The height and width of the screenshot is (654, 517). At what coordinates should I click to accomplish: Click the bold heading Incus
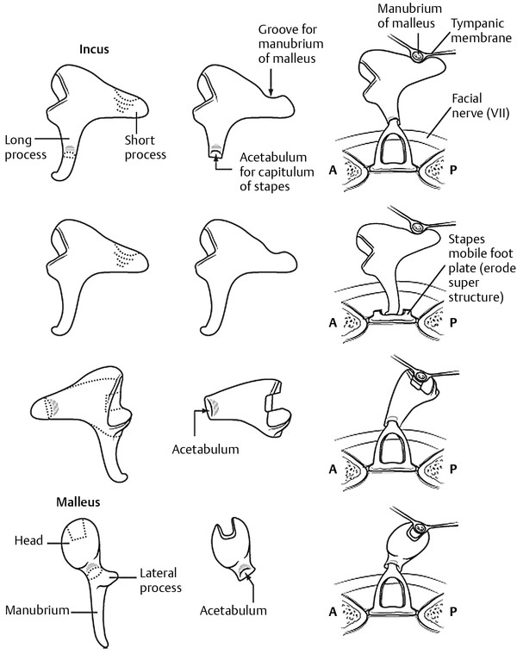tap(94, 49)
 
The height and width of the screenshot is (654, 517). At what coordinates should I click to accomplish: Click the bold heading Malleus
tap(78, 501)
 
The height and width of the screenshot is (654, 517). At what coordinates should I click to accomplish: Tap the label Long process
tap(25, 147)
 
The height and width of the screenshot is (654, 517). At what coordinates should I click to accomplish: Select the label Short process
tap(145, 147)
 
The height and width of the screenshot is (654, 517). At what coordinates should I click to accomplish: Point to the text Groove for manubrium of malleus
tap(290, 44)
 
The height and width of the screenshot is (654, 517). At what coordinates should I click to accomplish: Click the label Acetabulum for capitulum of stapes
tap(277, 171)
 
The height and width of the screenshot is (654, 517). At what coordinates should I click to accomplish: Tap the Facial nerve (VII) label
tap(480, 105)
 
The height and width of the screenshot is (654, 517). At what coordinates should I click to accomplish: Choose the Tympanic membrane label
tap(481, 30)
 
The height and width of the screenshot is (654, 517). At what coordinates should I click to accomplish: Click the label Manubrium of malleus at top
tap(409, 16)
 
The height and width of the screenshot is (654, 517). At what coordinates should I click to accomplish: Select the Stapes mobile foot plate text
tap(482, 268)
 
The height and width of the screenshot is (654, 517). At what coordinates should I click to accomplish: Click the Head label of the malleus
tap(28, 540)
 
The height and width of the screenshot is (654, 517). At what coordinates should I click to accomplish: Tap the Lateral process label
tap(160, 580)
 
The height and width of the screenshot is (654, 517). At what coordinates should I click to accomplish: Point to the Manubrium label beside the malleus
tap(37, 610)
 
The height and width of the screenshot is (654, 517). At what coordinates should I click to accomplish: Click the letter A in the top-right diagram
tap(333, 170)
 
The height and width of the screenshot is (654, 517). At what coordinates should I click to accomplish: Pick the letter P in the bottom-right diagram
tap(453, 612)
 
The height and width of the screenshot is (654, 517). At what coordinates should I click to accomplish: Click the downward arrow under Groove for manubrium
tap(271, 82)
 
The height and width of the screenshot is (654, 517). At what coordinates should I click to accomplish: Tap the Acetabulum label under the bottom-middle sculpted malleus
tap(233, 611)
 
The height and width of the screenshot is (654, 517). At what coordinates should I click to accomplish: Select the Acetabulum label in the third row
tap(206, 449)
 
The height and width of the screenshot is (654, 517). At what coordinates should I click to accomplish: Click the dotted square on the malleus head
tap(77, 530)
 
